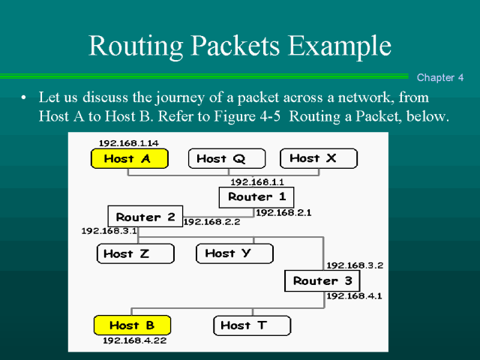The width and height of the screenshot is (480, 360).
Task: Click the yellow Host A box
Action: [129, 158]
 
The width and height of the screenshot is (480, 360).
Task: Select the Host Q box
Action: [226, 158]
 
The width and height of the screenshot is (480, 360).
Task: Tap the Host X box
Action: [319, 158]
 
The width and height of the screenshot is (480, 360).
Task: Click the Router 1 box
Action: [256, 197]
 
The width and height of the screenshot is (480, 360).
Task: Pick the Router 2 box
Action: [145, 217]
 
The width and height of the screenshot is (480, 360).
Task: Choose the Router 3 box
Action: [322, 281]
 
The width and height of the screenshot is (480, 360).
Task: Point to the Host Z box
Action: [134, 253]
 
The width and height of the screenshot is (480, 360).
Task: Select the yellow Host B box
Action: [132, 325]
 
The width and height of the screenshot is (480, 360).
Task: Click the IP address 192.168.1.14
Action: [129, 143]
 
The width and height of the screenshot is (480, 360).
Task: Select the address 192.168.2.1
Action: [284, 213]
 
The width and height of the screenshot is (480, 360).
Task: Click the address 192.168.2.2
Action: [211, 222]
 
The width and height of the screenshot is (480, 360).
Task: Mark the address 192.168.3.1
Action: [109, 231]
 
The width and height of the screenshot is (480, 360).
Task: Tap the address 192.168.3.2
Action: [355, 265]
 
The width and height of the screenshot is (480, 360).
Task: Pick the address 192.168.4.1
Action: [354, 296]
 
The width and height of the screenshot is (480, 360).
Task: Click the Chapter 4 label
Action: [441, 77]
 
